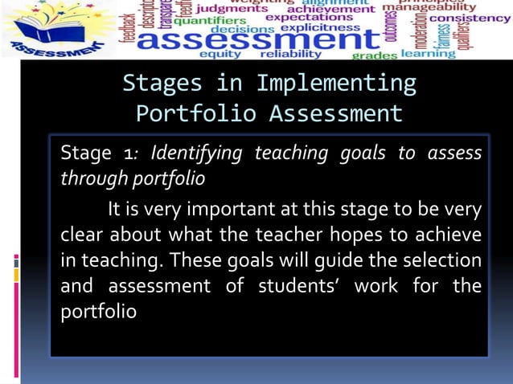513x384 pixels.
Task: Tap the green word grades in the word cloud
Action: pos(375,55)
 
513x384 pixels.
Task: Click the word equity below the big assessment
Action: pos(220,54)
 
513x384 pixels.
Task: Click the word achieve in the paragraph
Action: pos(447,235)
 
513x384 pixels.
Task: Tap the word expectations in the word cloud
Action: pos(309,16)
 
